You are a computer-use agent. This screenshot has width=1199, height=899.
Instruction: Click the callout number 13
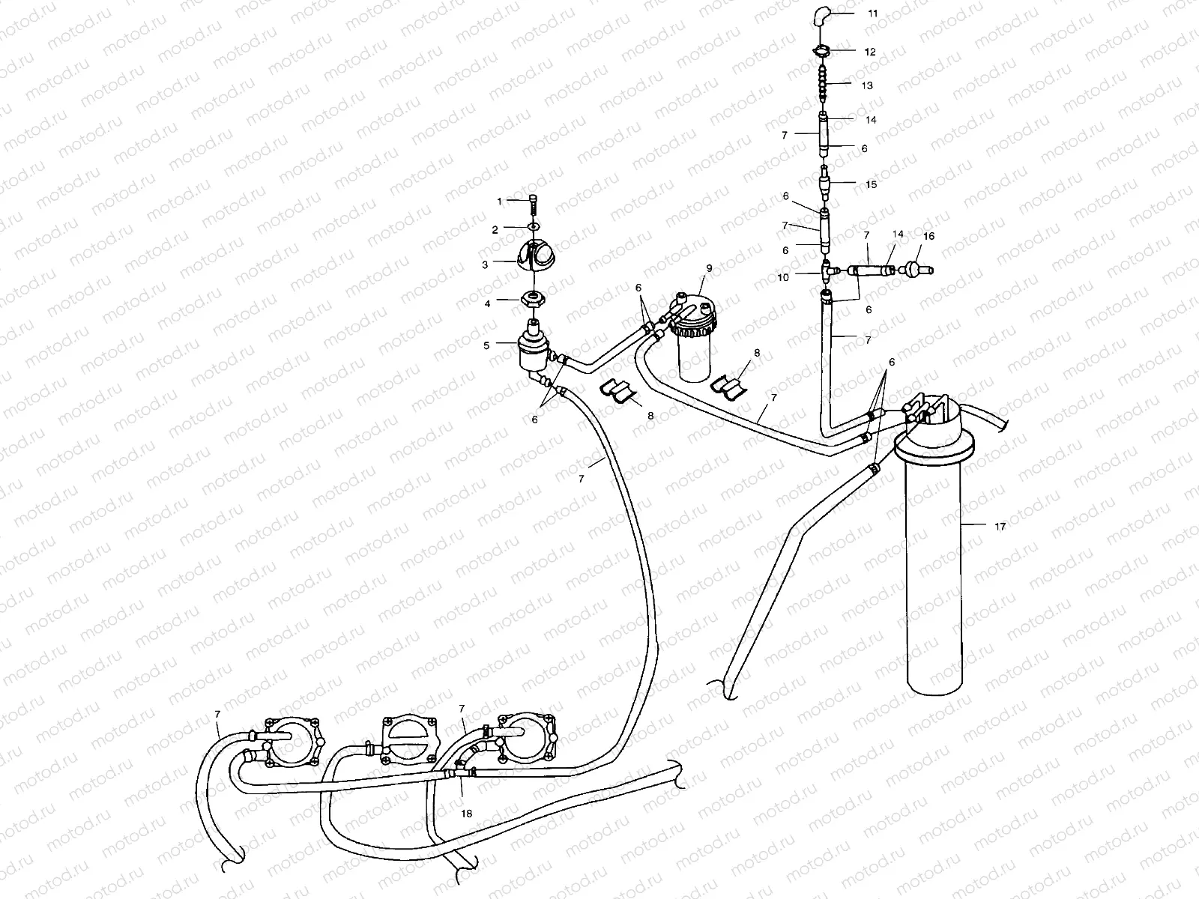[x=867, y=85]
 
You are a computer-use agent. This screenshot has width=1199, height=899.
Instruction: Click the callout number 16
[x=928, y=236]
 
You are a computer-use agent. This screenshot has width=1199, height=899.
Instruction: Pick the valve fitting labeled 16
[x=913, y=267]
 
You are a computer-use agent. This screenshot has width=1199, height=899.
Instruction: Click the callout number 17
[x=1000, y=527]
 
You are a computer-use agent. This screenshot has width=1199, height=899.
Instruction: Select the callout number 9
[x=708, y=267]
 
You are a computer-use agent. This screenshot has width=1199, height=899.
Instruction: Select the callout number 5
[x=486, y=345]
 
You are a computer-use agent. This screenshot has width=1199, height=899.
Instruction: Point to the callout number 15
[x=871, y=184]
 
